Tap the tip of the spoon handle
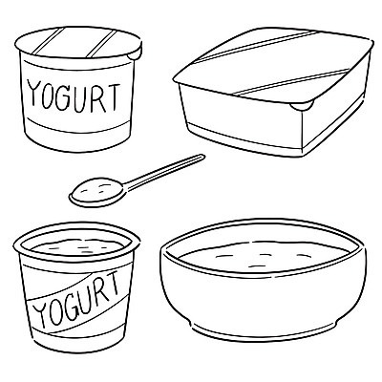202,157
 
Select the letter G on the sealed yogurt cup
65,97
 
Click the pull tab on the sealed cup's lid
135,53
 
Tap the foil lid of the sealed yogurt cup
78,43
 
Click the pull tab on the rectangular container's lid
301,106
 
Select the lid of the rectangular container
274,67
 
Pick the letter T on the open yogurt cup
113,284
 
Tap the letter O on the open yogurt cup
54,313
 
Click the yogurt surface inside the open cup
77,247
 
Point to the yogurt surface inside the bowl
264,257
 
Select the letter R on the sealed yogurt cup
98,98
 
